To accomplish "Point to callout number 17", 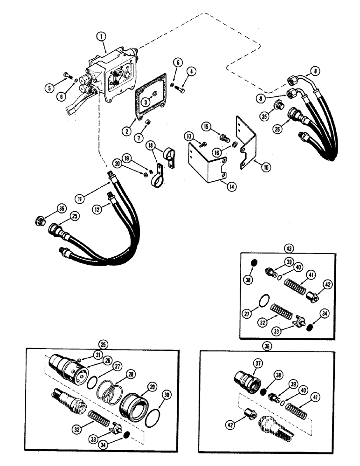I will coord(189,137).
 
